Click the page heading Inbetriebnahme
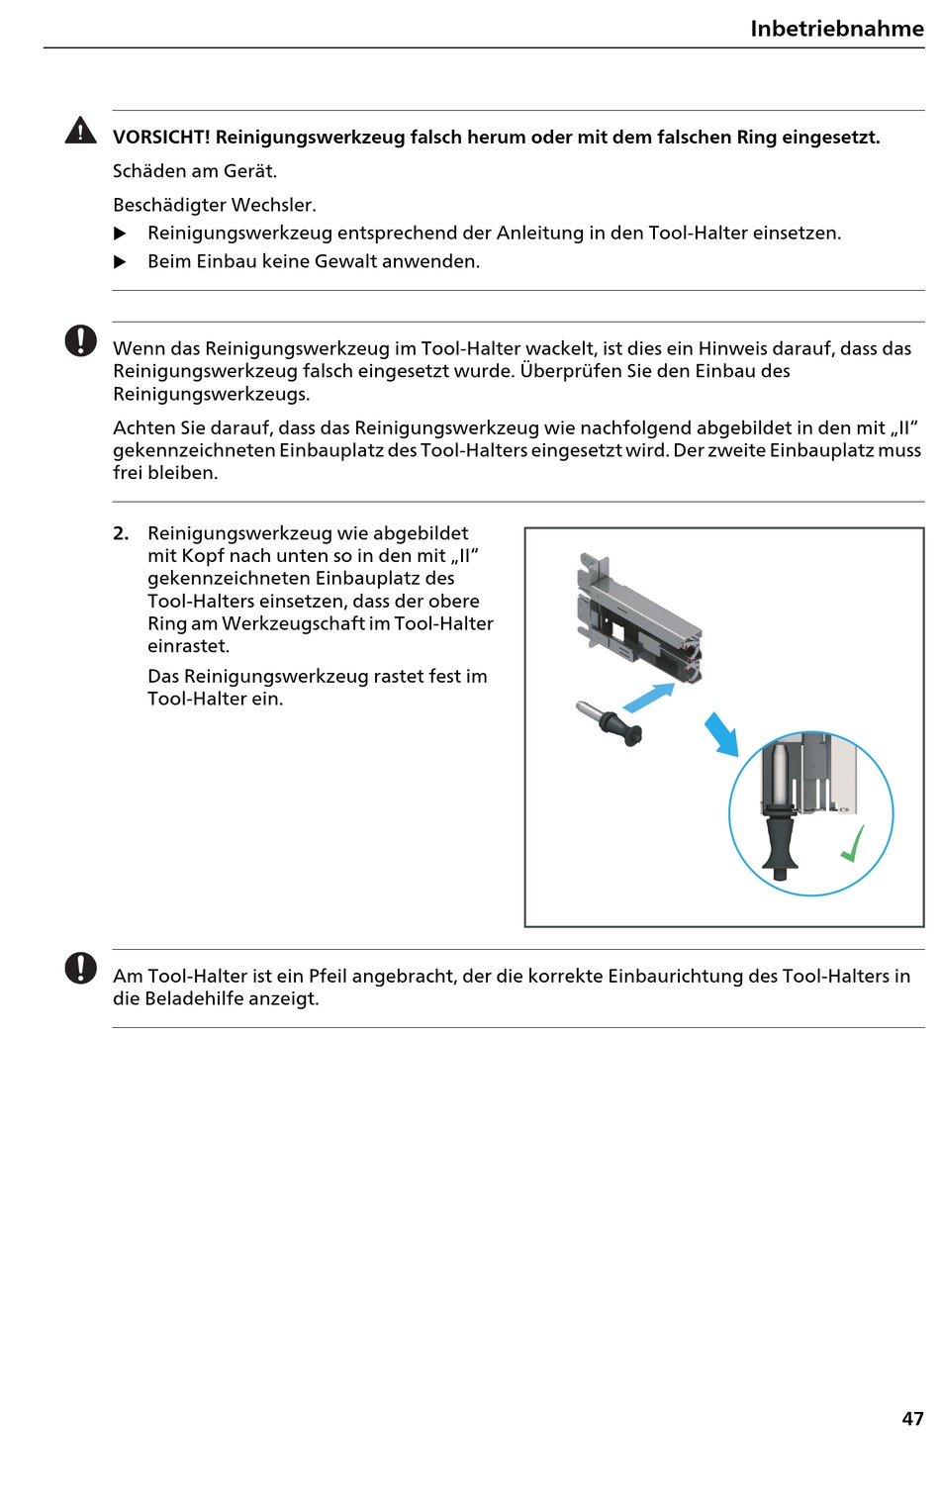[836, 29]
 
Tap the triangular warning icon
[80, 131]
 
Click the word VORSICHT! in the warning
[161, 138]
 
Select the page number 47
[912, 1419]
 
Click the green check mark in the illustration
[853, 844]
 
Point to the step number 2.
[121, 533]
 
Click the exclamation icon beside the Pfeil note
[81, 968]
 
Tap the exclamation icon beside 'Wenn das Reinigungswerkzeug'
[81, 340]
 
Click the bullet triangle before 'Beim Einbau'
[121, 262]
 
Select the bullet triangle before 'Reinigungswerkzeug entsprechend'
[121, 234]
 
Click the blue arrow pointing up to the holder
[649, 698]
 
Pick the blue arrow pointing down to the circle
[722, 734]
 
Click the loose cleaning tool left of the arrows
[610, 722]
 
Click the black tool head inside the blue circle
[782, 841]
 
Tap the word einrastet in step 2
[188, 646]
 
